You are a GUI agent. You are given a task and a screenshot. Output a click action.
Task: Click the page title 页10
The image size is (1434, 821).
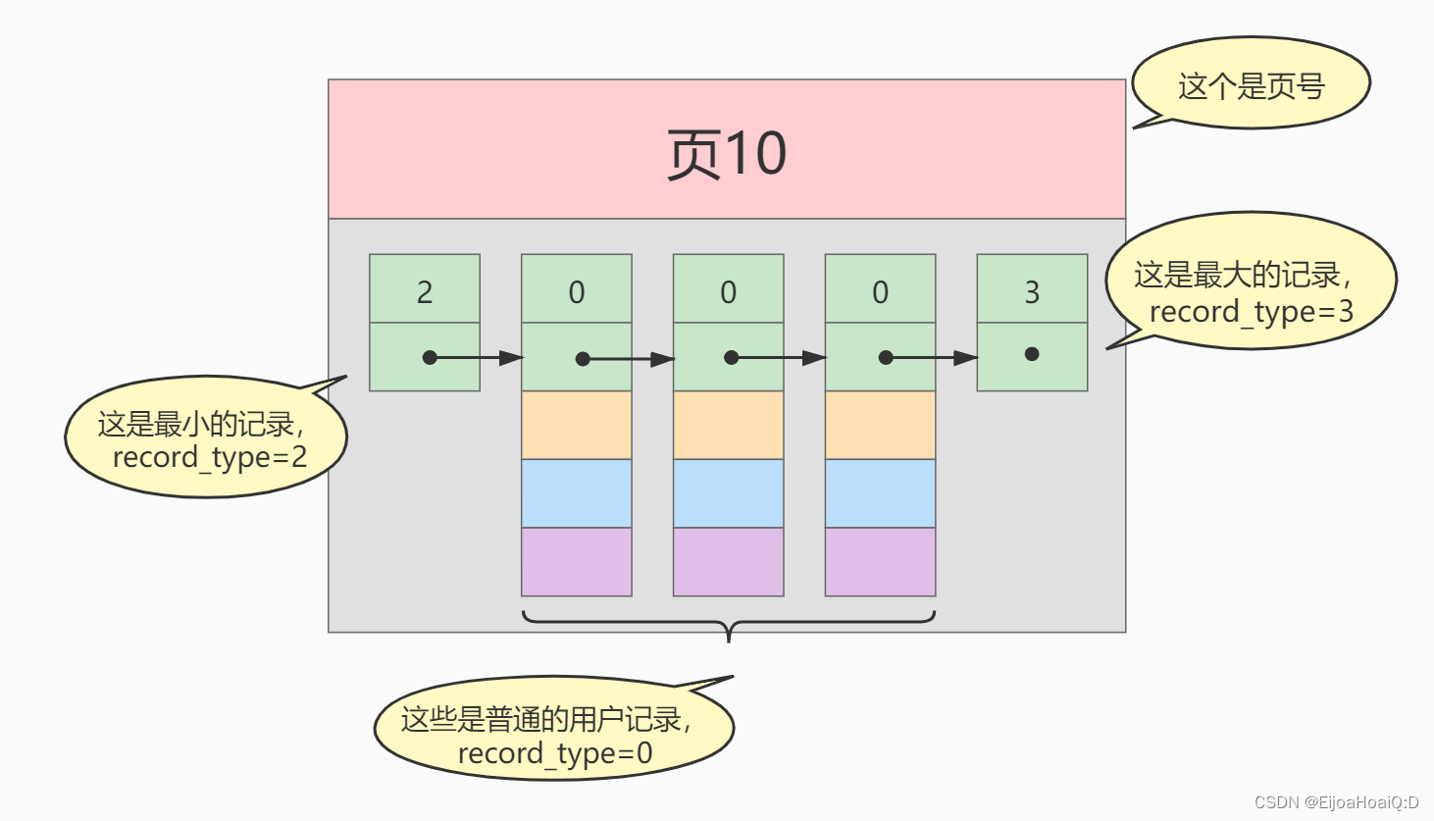tap(726, 154)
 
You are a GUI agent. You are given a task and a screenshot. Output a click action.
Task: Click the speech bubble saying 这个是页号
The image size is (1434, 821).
tap(1251, 85)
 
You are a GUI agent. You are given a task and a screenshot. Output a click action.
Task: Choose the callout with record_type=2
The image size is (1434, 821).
tap(206, 438)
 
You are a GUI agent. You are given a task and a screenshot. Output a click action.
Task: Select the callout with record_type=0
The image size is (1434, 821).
tap(553, 732)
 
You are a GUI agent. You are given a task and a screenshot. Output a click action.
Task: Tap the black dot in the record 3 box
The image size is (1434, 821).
tap(1032, 354)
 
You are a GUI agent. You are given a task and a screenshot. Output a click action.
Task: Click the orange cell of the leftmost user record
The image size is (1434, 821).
tap(576, 425)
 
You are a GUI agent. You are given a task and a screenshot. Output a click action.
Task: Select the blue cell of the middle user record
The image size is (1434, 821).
tap(728, 493)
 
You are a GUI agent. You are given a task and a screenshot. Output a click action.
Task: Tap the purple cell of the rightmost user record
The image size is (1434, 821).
tap(880, 562)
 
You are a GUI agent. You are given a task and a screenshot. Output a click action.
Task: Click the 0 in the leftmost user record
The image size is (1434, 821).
tap(576, 291)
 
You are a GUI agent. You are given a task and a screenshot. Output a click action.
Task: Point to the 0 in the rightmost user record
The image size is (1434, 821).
tap(880, 291)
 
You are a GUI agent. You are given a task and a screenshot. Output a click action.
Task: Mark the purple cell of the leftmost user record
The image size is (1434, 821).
tap(576, 562)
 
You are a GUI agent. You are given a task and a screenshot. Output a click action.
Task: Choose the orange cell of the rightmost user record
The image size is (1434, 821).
tap(880, 425)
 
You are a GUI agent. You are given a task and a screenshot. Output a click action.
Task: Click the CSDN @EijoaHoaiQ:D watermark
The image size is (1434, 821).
tap(1336, 802)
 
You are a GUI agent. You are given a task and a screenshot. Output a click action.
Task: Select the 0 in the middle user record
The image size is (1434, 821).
tap(728, 291)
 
